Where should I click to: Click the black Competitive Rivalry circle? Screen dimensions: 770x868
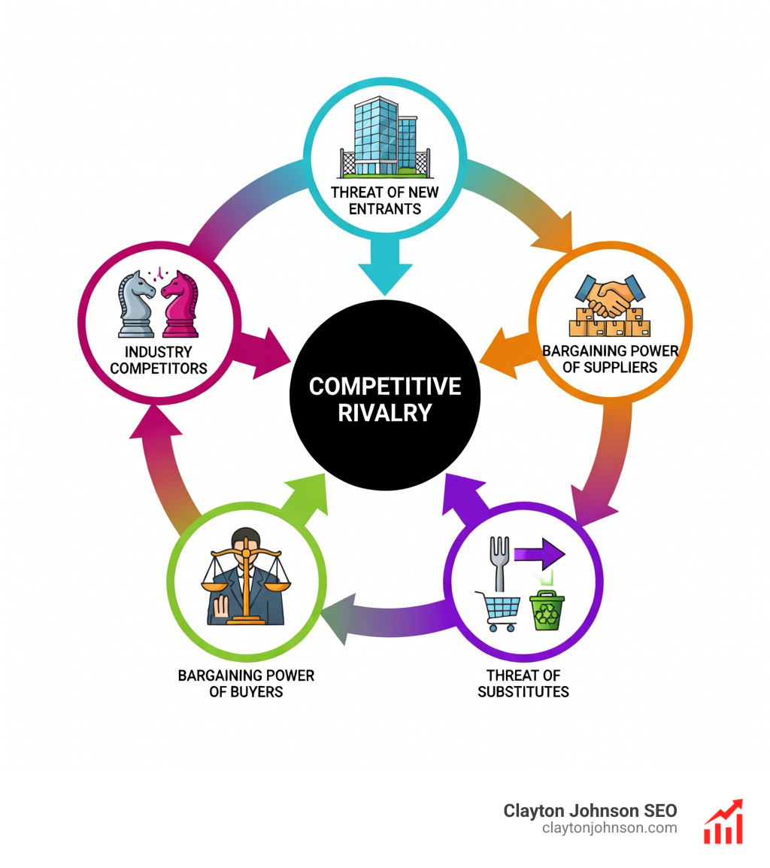pos(385,395)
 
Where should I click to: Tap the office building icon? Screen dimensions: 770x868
pos(385,138)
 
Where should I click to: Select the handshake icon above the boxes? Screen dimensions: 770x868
pos(610,296)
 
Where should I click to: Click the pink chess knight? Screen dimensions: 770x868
pos(180,304)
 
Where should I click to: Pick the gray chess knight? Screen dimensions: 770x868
pos(136,304)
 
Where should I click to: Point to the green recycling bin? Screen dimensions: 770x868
pos(547,611)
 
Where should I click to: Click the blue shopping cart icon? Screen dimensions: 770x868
pos(499,612)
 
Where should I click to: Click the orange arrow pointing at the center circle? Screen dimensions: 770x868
pos(508,354)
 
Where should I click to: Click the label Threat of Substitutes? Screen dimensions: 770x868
pos(523,684)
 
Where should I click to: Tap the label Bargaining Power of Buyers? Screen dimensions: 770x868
pos(246,684)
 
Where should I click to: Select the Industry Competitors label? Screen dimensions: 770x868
pos(159,360)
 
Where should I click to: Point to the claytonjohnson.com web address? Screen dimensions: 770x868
pos(610,828)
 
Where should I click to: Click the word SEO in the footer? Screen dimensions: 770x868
pos(660,811)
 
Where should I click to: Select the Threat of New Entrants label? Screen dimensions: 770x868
pos(385,200)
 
